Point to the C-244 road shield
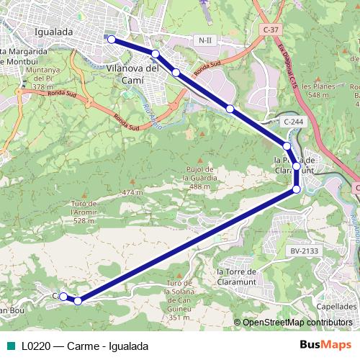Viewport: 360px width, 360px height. point(293,122)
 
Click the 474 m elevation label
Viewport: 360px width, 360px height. point(132,192)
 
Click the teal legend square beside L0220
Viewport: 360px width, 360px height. point(11,346)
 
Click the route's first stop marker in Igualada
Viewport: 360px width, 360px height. point(112,40)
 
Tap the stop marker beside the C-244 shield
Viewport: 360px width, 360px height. point(287,146)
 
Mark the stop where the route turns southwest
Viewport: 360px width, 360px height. point(297,189)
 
